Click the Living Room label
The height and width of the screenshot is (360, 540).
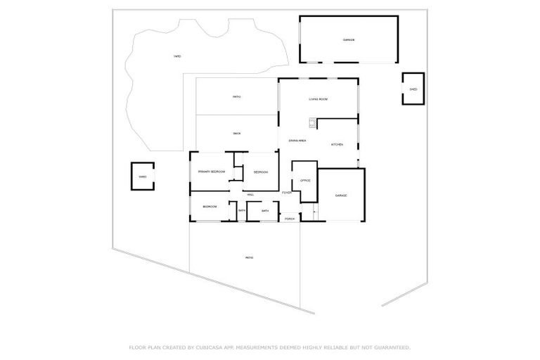click(x=318, y=99)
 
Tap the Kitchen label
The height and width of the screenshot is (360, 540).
click(x=337, y=145)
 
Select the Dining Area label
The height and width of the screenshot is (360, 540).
click(x=297, y=141)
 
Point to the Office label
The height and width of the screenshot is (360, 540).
click(x=305, y=181)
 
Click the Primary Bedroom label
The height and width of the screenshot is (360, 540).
click(x=211, y=172)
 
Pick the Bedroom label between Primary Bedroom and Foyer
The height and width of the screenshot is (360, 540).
click(x=261, y=172)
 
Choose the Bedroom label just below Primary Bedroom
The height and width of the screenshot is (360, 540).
click(x=210, y=207)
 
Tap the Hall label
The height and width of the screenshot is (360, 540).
click(x=250, y=194)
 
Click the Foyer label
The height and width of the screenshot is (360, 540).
click(x=287, y=193)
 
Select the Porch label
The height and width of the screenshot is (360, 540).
click(x=289, y=219)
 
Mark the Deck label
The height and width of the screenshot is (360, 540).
click(x=237, y=134)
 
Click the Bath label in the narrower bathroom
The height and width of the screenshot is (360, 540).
click(x=241, y=211)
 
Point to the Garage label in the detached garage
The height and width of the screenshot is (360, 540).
click(x=349, y=40)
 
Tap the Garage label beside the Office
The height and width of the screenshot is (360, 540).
click(x=340, y=195)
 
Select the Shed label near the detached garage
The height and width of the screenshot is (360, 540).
click(x=413, y=89)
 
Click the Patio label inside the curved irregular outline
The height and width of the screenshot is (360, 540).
click(x=178, y=56)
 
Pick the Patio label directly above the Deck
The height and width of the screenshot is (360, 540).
click(x=237, y=97)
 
